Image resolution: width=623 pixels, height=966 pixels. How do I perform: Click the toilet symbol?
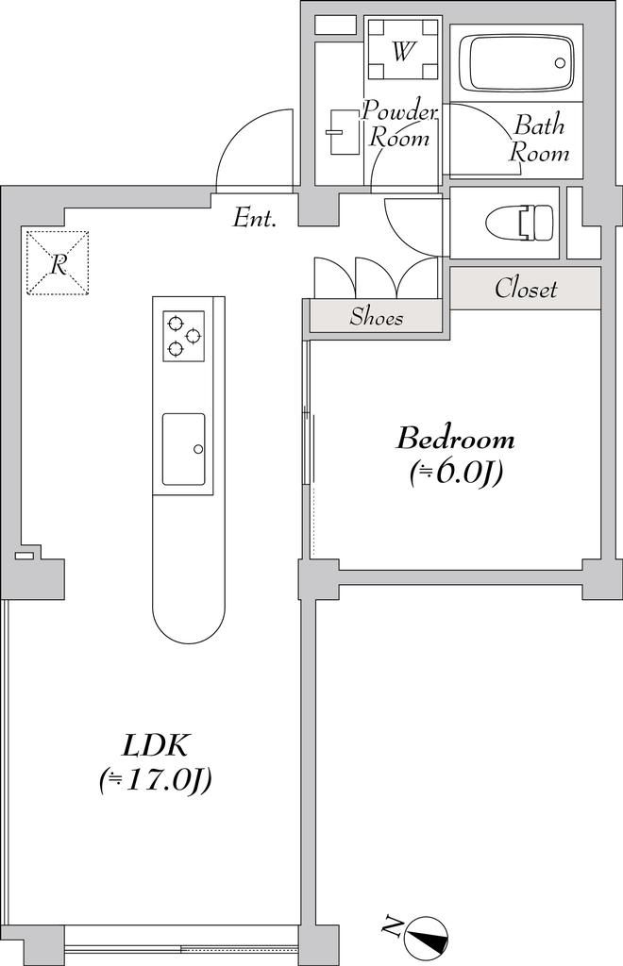[x=519, y=223]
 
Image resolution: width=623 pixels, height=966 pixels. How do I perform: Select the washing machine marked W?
[x=402, y=51]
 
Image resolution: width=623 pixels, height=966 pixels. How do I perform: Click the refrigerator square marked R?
[x=58, y=263]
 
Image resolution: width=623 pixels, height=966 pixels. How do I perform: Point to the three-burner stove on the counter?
[x=183, y=336]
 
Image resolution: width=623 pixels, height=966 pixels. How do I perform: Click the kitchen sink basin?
[x=183, y=449]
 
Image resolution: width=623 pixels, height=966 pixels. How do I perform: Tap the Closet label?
[x=526, y=289]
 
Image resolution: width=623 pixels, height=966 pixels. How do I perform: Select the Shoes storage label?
[x=376, y=317]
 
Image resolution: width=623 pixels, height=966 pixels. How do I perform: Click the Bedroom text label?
[x=456, y=439]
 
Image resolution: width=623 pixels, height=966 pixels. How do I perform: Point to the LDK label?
[x=157, y=746]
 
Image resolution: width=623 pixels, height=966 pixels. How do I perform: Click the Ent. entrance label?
[x=255, y=220]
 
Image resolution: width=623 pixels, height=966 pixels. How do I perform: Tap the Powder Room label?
[x=399, y=125]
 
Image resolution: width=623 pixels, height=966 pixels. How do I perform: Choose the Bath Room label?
[x=540, y=139]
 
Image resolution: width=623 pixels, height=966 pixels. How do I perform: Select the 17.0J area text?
[x=156, y=780]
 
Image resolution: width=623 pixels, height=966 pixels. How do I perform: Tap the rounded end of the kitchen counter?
[x=189, y=613]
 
